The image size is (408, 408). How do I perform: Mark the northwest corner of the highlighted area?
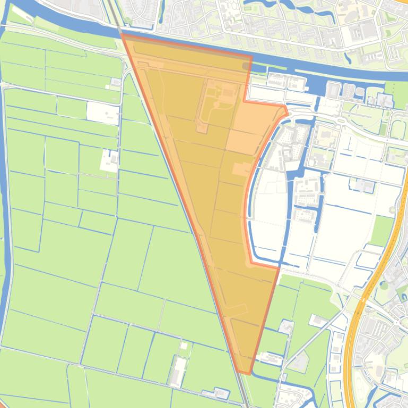pyautogui.click(x=122, y=34)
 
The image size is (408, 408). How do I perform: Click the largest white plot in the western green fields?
pyautogui.click(x=102, y=112)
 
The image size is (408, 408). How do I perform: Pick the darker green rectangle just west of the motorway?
pyautogui.click(x=381, y=230)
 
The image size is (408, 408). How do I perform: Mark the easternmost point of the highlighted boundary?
pyautogui.click(x=287, y=111)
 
